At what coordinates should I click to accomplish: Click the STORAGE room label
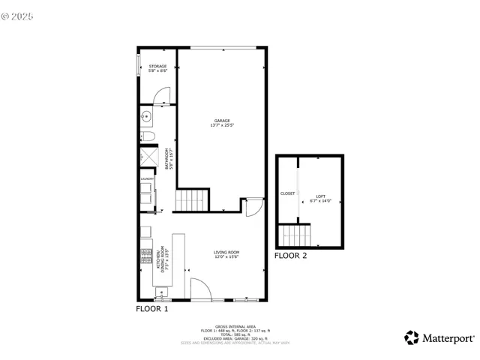(157, 66)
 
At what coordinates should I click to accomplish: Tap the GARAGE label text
(222, 121)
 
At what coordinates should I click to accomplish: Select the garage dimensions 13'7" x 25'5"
(222, 125)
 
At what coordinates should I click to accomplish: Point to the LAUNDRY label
(147, 178)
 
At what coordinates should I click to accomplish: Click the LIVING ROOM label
(226, 253)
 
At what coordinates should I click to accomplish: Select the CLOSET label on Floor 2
(288, 193)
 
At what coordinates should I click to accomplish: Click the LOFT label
(320, 196)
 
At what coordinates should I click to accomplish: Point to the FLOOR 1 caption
(151, 308)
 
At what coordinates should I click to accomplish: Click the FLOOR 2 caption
(290, 256)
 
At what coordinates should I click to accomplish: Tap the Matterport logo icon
(412, 337)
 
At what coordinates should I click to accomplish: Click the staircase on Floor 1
(190, 200)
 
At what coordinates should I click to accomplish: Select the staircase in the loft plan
(294, 236)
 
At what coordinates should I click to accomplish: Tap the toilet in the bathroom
(148, 136)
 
